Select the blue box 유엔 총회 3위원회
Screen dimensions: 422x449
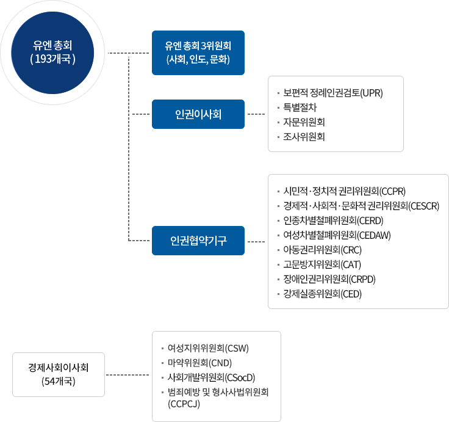(x=198, y=53)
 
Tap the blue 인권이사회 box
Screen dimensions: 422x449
(x=198, y=114)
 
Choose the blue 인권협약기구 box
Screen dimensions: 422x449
(x=198, y=240)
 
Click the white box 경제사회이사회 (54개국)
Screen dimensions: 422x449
(x=59, y=374)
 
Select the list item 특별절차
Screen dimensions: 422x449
(x=304, y=108)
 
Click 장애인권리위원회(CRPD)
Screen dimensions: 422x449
(x=329, y=280)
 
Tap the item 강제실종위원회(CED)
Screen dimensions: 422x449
(x=323, y=294)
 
